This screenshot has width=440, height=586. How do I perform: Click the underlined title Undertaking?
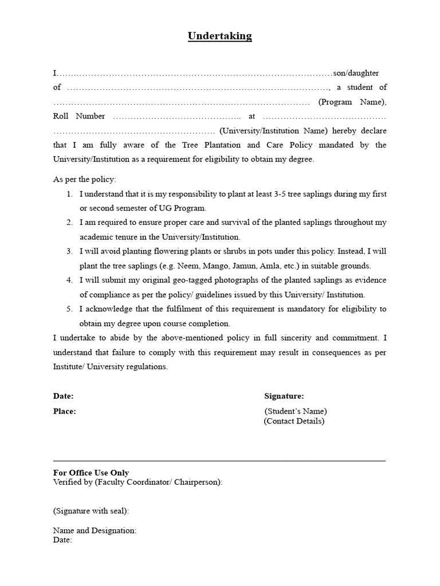click(x=220, y=36)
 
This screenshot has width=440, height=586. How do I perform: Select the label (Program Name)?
click(x=352, y=102)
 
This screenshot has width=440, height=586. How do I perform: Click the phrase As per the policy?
click(x=85, y=179)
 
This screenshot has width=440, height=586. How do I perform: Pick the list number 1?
click(x=69, y=194)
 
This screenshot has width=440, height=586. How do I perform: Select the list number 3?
click(x=69, y=251)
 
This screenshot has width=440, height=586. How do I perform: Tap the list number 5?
click(x=69, y=309)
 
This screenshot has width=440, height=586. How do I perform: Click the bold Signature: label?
click(x=284, y=396)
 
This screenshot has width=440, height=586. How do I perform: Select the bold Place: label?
click(x=65, y=411)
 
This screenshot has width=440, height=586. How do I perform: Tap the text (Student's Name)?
click(x=296, y=411)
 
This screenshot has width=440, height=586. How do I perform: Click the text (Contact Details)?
click(x=294, y=421)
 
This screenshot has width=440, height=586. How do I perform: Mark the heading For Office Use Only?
click(x=91, y=473)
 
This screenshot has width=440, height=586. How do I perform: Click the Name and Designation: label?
click(x=95, y=530)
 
